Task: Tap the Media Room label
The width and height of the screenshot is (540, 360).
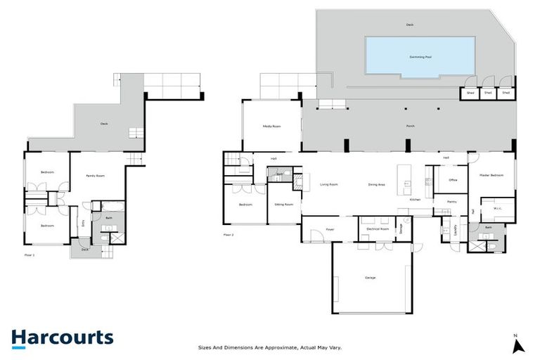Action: click(x=271, y=127)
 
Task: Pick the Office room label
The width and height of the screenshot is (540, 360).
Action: click(x=453, y=180)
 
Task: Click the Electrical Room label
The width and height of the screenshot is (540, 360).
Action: click(x=378, y=229)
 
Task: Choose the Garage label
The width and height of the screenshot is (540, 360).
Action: click(x=370, y=278)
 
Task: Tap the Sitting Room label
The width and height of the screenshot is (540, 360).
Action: click(x=283, y=204)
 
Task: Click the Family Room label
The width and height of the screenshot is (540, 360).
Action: click(x=96, y=175)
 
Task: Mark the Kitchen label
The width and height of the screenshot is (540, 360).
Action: click(x=416, y=200)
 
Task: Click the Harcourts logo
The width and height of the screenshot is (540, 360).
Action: click(x=62, y=337)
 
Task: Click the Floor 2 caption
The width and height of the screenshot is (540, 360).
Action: click(x=228, y=234)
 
